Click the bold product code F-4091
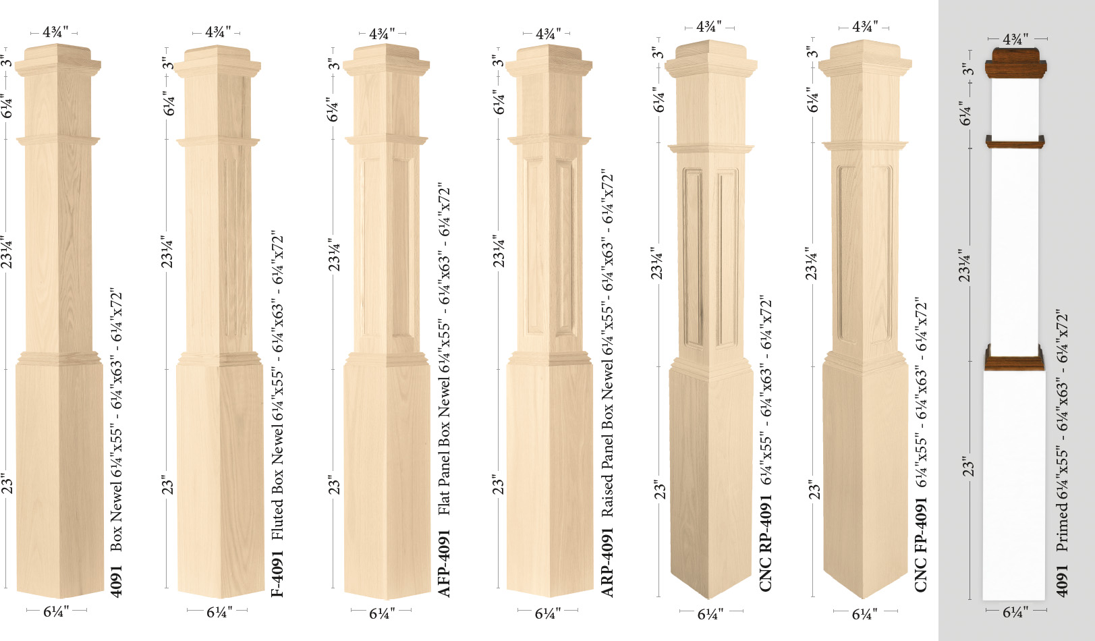277,574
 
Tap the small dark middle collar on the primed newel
1015,142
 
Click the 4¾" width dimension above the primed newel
1015,39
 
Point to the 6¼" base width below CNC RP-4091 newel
710,614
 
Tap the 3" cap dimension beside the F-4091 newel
168,63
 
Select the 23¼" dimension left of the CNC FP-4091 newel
812,263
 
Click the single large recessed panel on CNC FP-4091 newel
864,250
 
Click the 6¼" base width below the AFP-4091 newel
381,613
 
